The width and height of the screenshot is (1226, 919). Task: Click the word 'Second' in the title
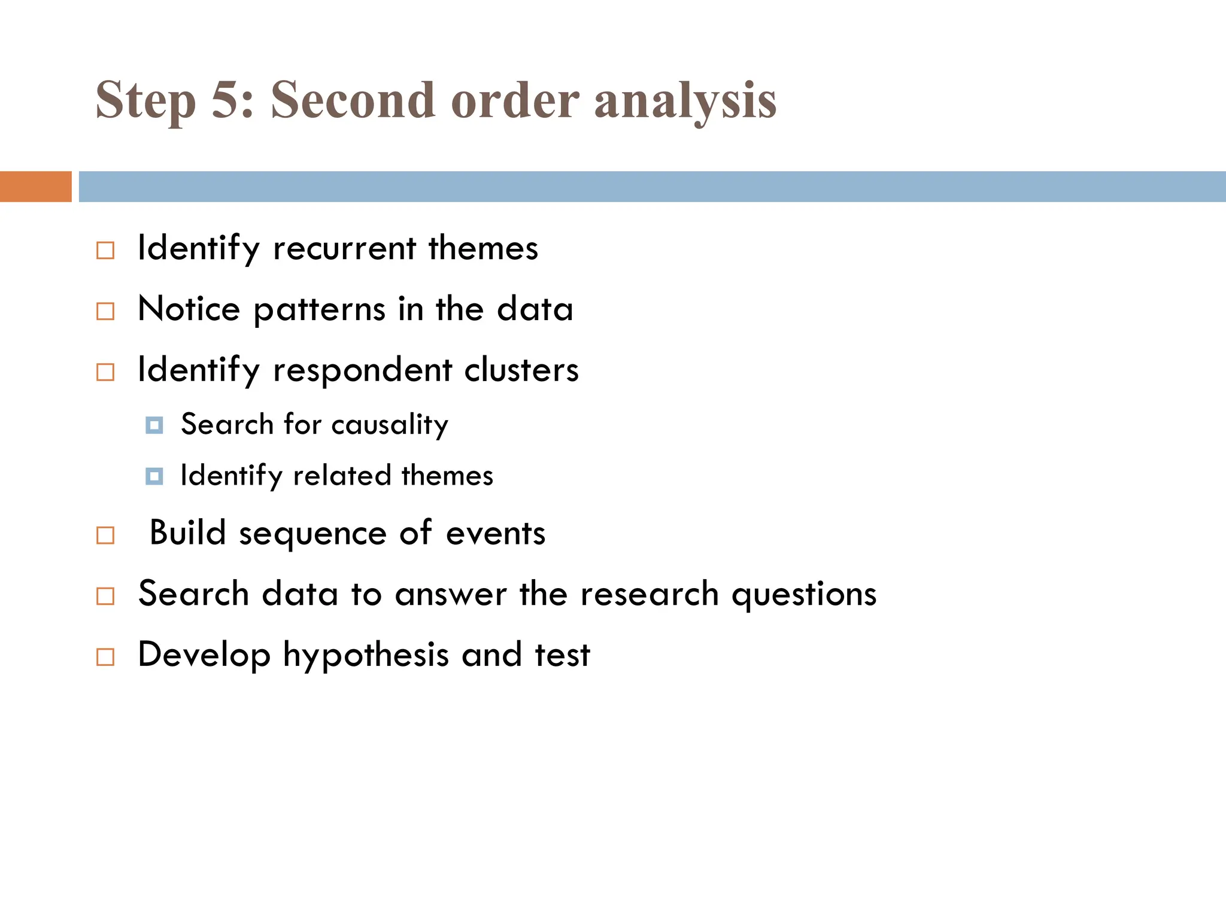(352, 101)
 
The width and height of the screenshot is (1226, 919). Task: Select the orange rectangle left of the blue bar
(36, 187)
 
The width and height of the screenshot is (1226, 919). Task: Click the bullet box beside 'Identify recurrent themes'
(105, 251)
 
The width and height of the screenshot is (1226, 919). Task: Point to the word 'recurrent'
(344, 248)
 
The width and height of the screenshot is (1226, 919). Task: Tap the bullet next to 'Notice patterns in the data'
(105, 311)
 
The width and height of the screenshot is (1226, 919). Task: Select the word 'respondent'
(362, 370)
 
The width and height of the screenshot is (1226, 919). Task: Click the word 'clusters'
(521, 370)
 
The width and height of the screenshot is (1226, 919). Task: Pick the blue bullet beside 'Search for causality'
(154, 425)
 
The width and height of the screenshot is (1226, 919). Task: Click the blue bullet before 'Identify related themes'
(154, 477)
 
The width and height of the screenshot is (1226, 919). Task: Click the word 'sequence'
(312, 534)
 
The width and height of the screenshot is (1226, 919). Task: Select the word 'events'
(496, 533)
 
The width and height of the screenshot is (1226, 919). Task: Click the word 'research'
(650, 594)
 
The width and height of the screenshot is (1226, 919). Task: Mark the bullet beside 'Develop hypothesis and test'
(105, 657)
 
